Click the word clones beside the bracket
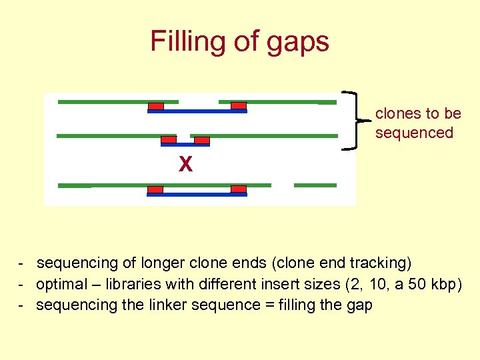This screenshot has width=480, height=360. [x=399, y=114]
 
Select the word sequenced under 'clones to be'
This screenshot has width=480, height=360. [x=414, y=133]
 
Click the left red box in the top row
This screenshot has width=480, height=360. [x=155, y=105]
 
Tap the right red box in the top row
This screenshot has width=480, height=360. [x=239, y=105]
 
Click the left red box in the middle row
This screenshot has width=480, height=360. [x=169, y=140]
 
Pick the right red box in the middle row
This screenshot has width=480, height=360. [x=201, y=140]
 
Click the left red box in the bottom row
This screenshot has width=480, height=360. [x=155, y=189]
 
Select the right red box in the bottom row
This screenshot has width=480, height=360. [x=239, y=189]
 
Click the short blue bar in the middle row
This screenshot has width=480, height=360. [x=185, y=144]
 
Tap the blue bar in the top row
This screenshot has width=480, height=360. [x=197, y=111]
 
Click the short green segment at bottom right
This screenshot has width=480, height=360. [x=315, y=185]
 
